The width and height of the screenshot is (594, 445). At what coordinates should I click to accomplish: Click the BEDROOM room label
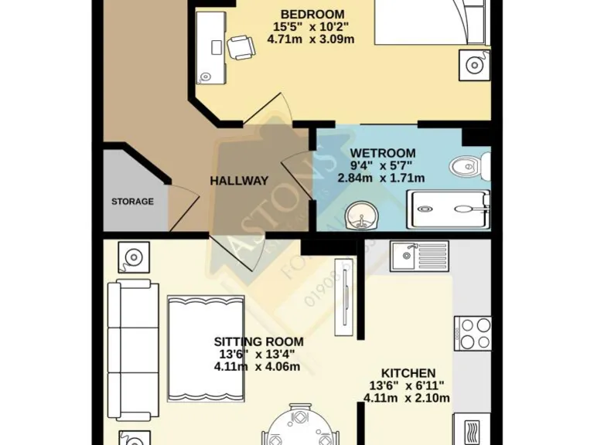click(312, 15)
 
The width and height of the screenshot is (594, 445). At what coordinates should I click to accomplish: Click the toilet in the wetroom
click(471, 165)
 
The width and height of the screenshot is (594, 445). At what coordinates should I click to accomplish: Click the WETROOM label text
click(382, 153)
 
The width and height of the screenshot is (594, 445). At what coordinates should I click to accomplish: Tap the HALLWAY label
click(239, 181)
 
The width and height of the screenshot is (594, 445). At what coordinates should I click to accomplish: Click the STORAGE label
click(132, 202)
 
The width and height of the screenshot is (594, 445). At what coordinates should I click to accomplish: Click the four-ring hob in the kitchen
click(473, 334)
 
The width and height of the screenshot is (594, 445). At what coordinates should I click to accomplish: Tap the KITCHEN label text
click(407, 372)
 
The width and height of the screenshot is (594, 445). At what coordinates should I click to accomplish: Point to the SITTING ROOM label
click(258, 341)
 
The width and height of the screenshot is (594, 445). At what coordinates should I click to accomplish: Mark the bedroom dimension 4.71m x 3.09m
click(311, 39)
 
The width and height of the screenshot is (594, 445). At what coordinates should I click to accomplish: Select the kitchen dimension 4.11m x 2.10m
click(407, 399)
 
